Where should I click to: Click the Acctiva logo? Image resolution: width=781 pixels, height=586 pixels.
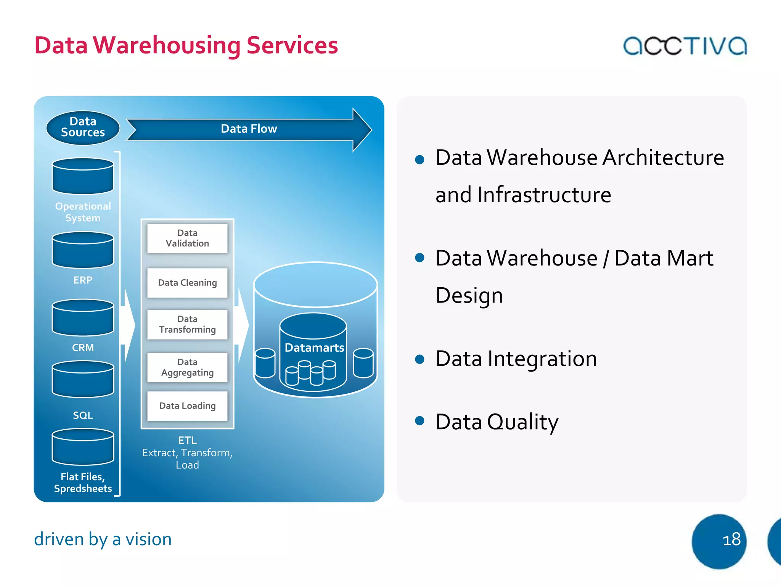pos(685,46)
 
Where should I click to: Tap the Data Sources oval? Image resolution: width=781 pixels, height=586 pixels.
pos(83,127)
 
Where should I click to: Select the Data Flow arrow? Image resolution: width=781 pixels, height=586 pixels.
pos(249,129)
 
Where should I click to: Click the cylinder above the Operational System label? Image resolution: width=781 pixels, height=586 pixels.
pos(83,176)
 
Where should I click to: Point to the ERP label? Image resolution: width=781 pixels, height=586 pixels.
pos(83,280)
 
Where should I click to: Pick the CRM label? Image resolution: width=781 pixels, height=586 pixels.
pos(83,348)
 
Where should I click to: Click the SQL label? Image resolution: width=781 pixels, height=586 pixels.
pos(83,415)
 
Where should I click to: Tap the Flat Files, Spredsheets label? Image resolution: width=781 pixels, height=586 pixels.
pos(83,483)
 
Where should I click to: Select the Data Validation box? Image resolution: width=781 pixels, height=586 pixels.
pos(187,238)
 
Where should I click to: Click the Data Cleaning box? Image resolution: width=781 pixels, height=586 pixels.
pos(187,283)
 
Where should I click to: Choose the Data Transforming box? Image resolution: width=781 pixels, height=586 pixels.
pos(187,324)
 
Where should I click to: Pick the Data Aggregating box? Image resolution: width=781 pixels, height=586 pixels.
pos(187,367)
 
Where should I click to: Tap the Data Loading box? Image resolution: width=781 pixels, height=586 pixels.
pos(187,406)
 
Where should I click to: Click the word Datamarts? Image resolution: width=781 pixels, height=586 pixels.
pos(314,348)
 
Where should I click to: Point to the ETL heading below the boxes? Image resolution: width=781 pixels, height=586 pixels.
pos(187,440)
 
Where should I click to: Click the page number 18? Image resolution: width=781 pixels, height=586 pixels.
pos(731,540)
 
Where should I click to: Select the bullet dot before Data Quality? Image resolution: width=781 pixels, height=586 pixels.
pos(419,421)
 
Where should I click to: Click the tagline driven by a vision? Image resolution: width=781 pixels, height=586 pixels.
pos(103,539)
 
